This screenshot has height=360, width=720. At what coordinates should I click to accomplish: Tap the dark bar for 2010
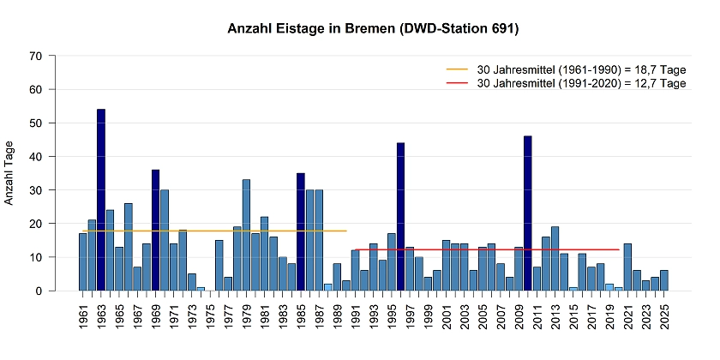(528, 213)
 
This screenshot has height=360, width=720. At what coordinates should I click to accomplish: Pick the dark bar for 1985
(301, 231)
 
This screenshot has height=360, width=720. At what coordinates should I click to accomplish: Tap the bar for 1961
(83, 262)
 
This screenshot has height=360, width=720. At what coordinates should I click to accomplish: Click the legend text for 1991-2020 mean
(582, 83)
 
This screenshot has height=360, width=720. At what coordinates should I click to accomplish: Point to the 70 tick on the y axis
(36, 56)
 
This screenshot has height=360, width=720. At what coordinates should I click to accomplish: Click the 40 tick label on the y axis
(36, 156)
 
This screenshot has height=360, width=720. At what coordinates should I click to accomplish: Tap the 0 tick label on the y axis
(39, 291)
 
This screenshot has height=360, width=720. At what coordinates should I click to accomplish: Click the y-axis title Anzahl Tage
(11, 173)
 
